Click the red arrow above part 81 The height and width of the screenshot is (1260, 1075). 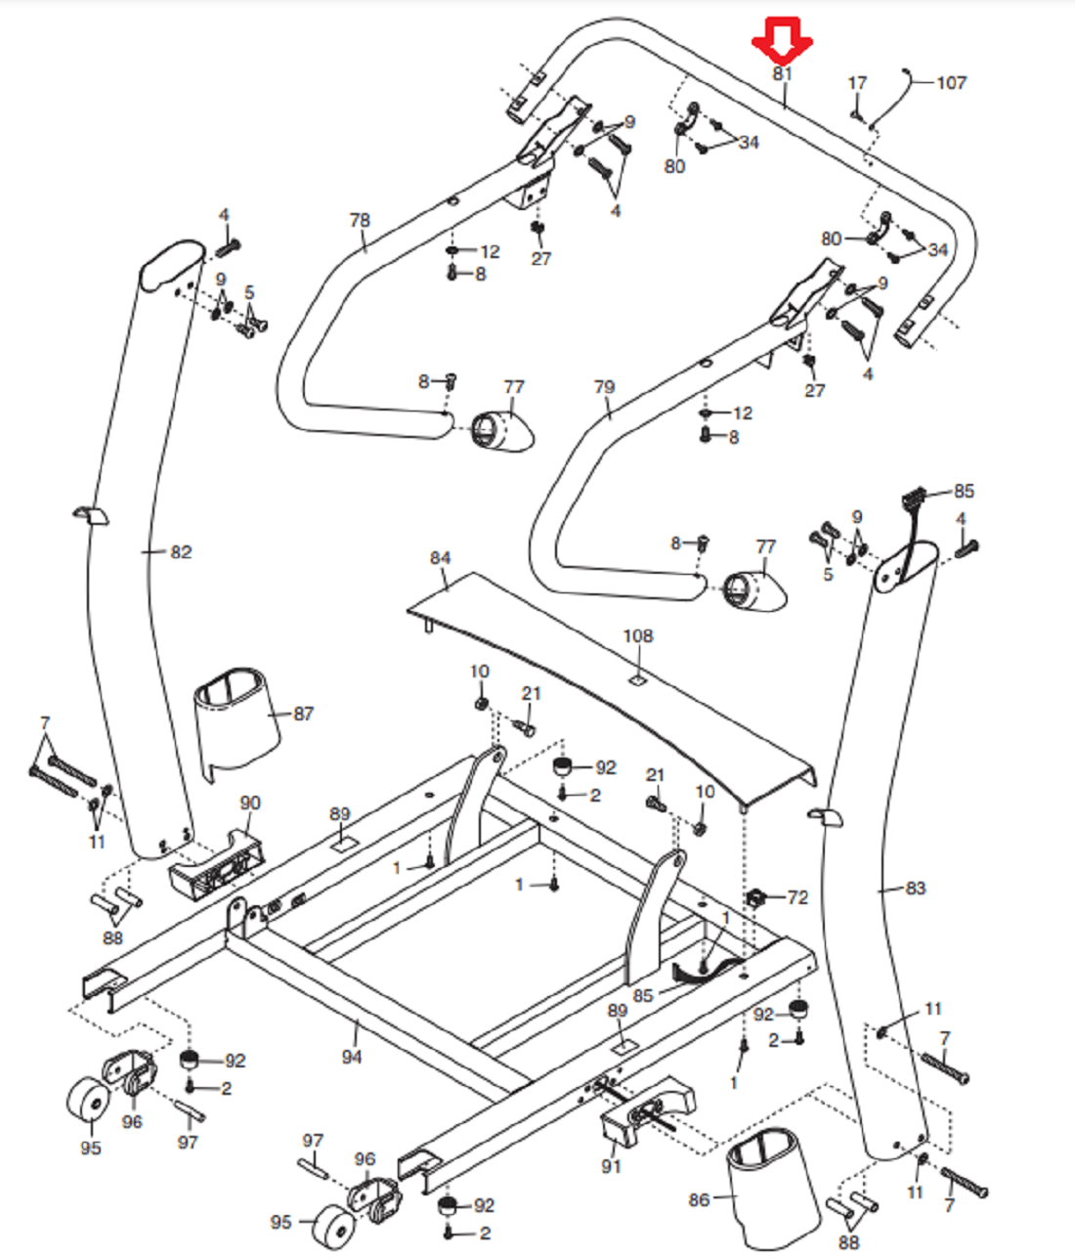pos(782,39)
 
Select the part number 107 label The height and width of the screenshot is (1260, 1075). pos(951,83)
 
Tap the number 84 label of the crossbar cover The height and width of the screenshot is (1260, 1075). pos(440,558)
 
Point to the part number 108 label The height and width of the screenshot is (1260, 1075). pos(637,636)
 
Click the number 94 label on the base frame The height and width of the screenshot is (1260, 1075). pos(352,1057)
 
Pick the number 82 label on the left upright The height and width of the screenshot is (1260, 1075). pos(181,552)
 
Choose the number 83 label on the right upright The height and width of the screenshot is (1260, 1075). pos(915,889)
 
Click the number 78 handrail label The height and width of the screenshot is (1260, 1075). pos(360,220)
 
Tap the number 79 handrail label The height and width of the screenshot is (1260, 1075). pos(604,387)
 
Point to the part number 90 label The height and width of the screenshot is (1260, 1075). pos(250,803)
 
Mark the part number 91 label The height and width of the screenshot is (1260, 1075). pos(611,1166)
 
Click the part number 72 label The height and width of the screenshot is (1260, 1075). pos(797,897)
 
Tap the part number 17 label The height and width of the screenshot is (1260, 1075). pos(857,83)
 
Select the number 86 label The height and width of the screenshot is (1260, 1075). pos(699,1199)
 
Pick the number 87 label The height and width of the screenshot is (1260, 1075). pos(304,715)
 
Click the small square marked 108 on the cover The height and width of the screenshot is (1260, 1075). pos(636,676)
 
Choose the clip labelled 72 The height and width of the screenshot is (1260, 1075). pos(755,895)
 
